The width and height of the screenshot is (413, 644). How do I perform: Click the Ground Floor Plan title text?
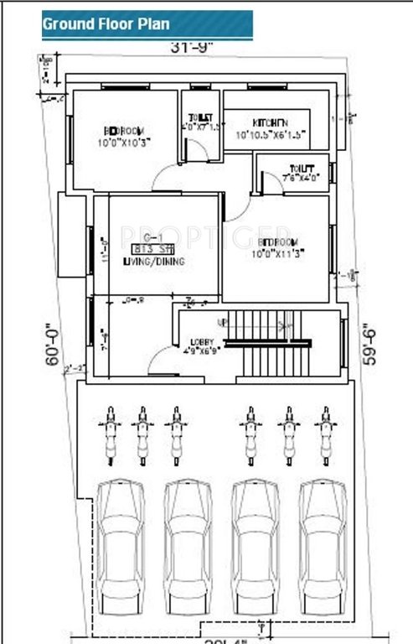tap(106, 24)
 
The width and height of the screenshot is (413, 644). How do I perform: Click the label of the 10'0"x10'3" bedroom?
tap(124, 137)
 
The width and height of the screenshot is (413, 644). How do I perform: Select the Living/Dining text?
tap(153, 262)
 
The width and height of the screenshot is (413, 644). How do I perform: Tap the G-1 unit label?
tap(152, 236)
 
